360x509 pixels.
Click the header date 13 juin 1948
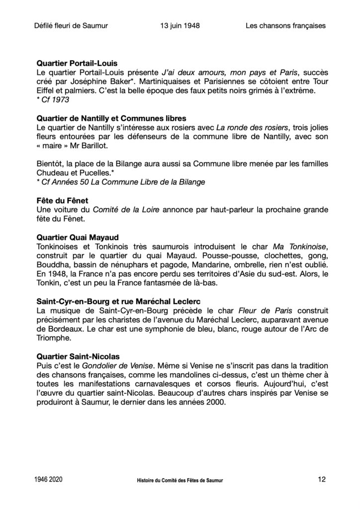click(180, 26)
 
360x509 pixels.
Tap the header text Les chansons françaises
click(285, 26)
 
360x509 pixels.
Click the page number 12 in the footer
click(321, 480)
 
